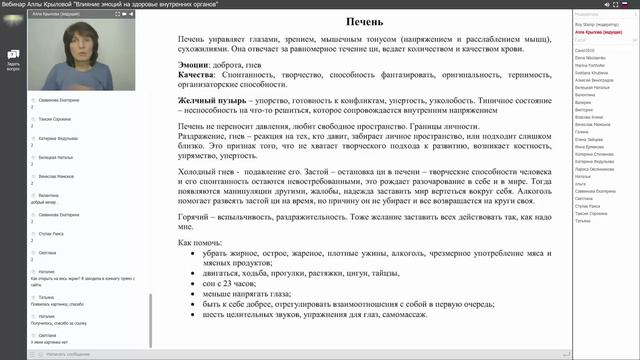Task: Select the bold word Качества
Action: [x=200, y=73]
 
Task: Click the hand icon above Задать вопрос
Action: [x=13, y=54]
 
